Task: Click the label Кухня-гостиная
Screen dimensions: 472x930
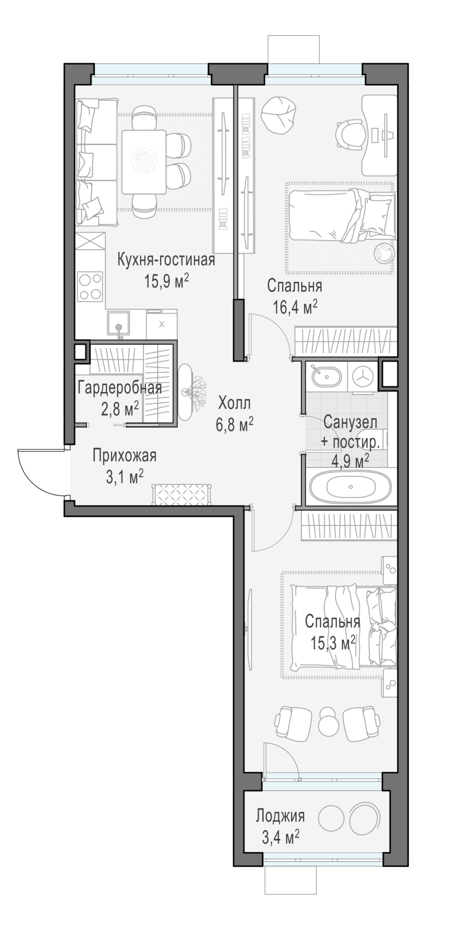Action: [x=166, y=259]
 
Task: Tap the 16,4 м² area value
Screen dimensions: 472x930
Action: [x=295, y=307]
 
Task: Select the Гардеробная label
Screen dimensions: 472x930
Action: [x=120, y=387]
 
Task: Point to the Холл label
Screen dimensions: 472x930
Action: [x=235, y=402]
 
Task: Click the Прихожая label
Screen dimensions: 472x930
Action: [x=125, y=456]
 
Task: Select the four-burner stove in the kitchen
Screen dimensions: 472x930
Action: [x=90, y=287]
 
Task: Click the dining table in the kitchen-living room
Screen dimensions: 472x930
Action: [x=144, y=162]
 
